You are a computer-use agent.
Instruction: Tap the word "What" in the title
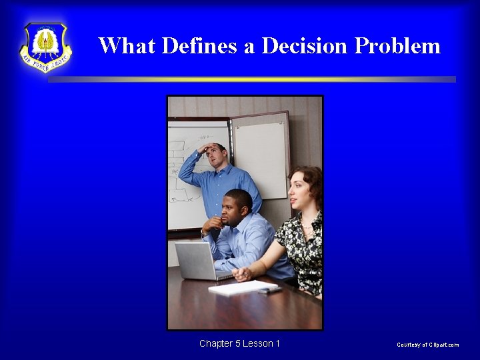coord(127,45)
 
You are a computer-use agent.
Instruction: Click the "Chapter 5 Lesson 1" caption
coord(239,343)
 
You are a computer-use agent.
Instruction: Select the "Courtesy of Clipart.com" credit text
coord(427,345)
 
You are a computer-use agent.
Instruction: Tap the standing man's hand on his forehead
coord(207,147)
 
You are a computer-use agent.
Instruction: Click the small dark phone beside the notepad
coord(271,290)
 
